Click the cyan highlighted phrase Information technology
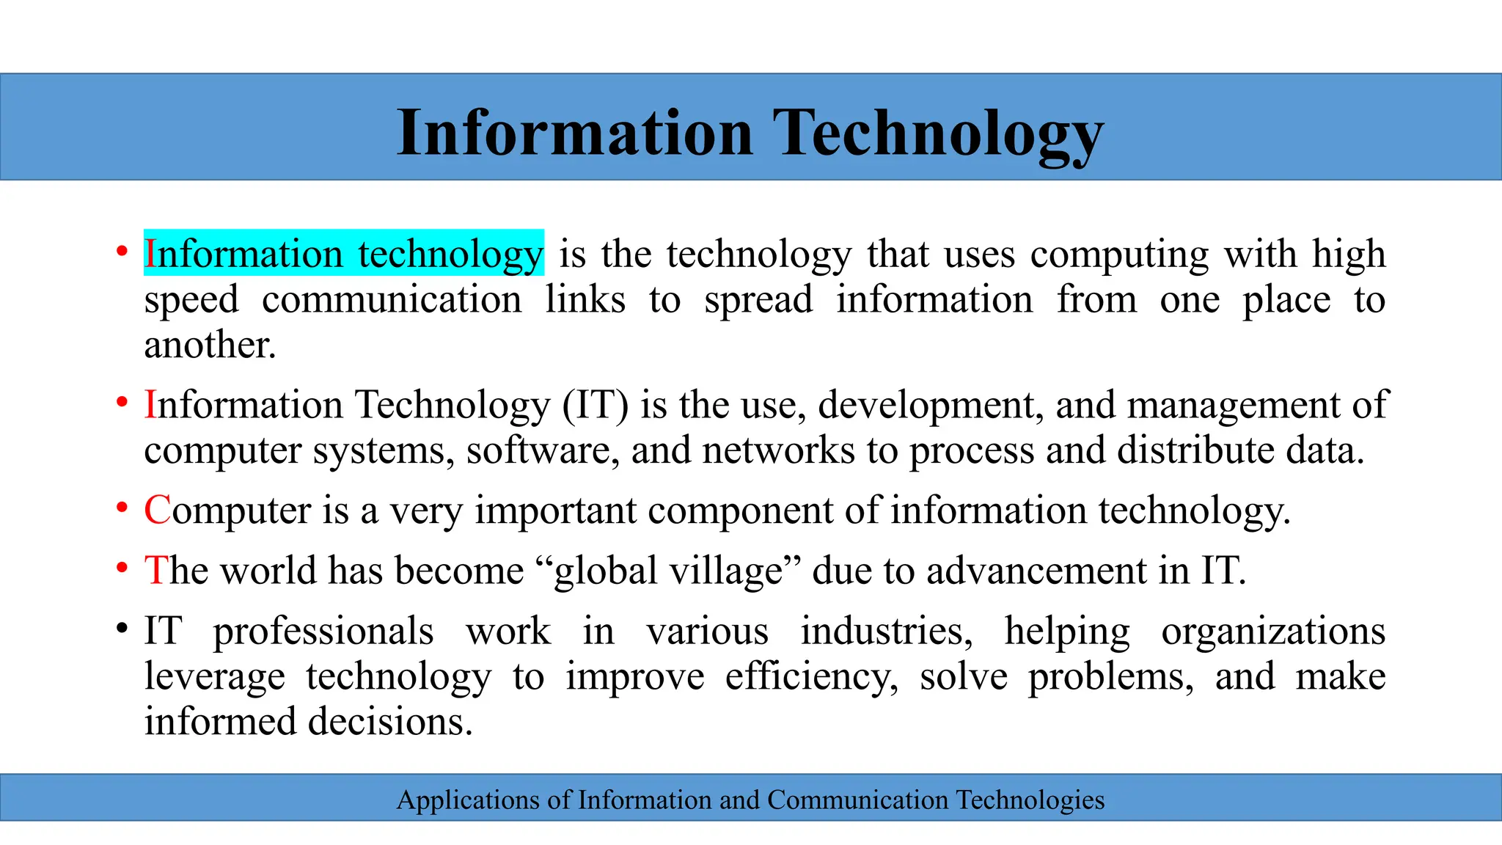(343, 254)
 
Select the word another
(210, 345)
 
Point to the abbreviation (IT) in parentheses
(596, 405)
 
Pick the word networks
(778, 450)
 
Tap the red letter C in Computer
(157, 510)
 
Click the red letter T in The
(155, 570)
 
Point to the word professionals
(323, 632)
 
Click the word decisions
(390, 722)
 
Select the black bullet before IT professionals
(122, 629)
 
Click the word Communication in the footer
(857, 800)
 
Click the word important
(556, 510)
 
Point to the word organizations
(1273, 632)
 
